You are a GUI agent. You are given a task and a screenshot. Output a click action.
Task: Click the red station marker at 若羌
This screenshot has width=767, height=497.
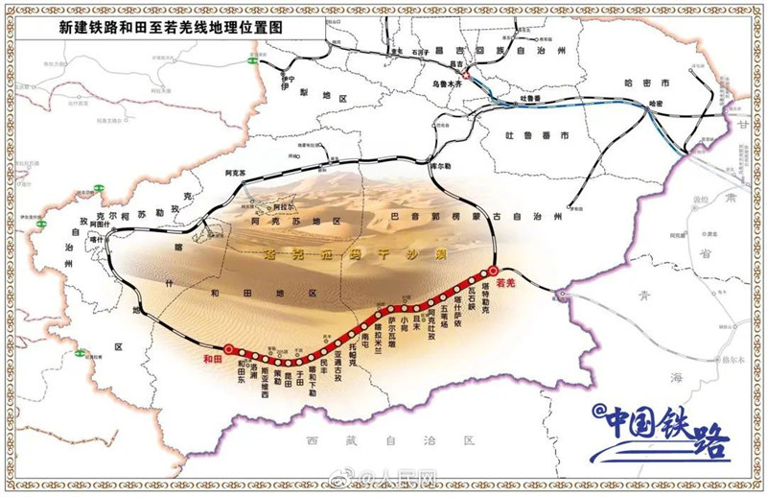click(493, 272)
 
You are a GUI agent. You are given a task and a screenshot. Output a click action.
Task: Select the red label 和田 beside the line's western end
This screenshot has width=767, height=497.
click(214, 360)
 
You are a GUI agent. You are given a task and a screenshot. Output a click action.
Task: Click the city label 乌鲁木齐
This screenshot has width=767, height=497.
click(447, 84)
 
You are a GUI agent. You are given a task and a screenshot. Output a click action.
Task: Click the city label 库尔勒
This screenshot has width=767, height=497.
click(441, 164)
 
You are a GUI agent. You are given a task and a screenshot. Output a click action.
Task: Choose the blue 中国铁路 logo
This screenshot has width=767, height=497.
click(662, 435)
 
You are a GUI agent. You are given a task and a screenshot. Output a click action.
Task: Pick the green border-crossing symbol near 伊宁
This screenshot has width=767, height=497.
click(252, 60)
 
